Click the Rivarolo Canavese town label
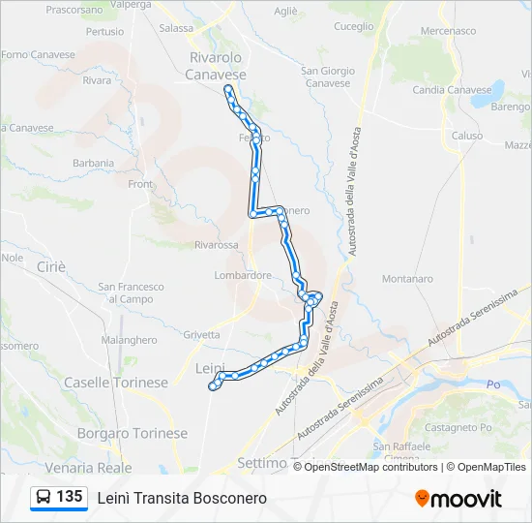point(216,66)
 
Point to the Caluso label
point(466,137)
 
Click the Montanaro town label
point(407,279)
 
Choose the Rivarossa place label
point(216,246)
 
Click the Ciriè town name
point(49,266)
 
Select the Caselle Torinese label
point(115,383)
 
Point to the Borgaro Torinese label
point(132,433)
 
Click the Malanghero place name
point(129,340)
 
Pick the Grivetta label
point(201,334)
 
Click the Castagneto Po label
point(459,427)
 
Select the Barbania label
point(93,164)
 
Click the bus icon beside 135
point(44,497)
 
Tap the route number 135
point(69,497)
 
